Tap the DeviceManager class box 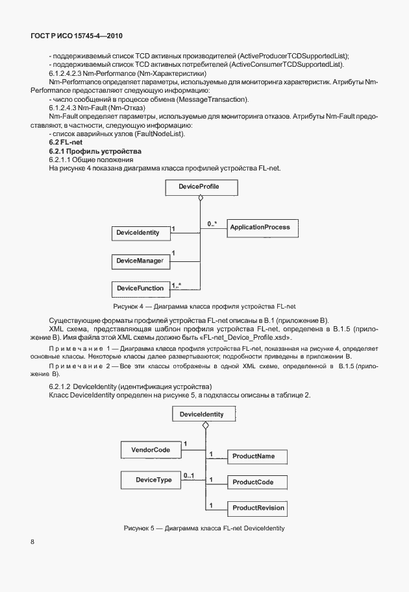coord(139,261)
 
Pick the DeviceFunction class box coord(139,287)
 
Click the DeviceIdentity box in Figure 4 coord(138,233)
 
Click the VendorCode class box coord(150,449)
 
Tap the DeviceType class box coord(153,480)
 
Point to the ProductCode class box coord(253,482)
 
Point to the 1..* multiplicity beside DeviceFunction coord(177,283)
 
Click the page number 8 coord(32,542)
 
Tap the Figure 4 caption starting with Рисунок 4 coord(204,306)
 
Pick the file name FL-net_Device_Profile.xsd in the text coord(249,338)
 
